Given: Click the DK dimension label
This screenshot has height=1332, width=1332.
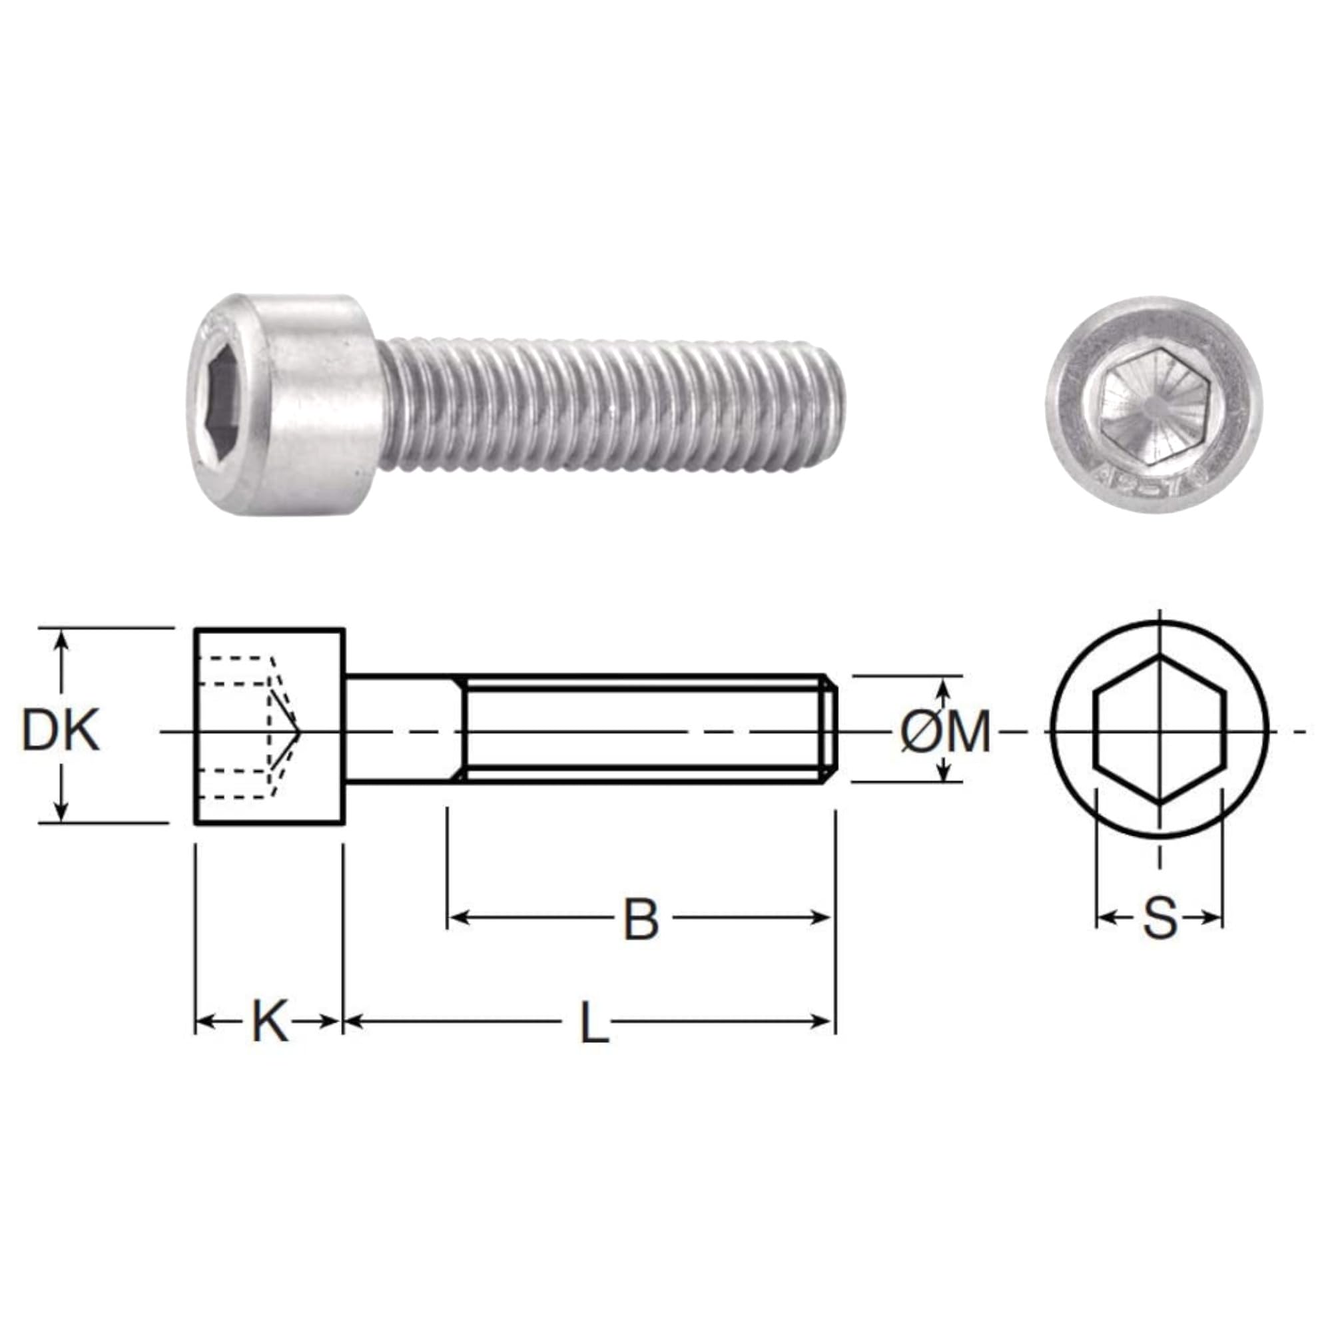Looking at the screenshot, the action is pos(61,731).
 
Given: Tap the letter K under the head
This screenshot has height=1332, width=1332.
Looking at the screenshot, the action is pos(270,1022).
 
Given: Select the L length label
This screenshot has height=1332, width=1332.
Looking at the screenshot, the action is pos(593,1022).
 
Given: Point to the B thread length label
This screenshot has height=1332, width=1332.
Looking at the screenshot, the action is pos(641,920).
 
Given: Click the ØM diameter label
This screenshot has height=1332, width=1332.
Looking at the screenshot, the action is pos(945,731).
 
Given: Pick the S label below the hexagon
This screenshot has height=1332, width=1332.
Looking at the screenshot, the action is pos(1160,918).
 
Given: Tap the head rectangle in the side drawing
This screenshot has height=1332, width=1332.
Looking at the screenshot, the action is pos(270,726).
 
